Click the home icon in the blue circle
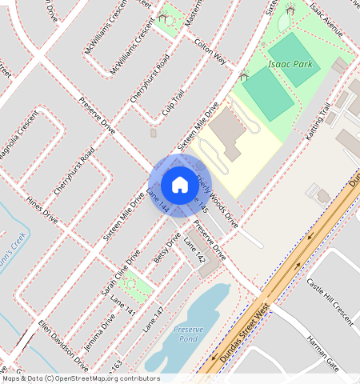pos(180,185)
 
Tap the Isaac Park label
pos(290,64)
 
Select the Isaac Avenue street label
pos(326,20)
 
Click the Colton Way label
pos(210,50)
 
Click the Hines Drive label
pos(42,210)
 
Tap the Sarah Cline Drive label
pos(119,273)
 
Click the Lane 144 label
pos(158,200)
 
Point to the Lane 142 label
pos(194,250)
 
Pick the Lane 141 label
pos(123,306)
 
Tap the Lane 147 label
pos(153,320)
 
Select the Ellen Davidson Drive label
pos(63,342)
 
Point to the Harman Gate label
pos(323,350)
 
